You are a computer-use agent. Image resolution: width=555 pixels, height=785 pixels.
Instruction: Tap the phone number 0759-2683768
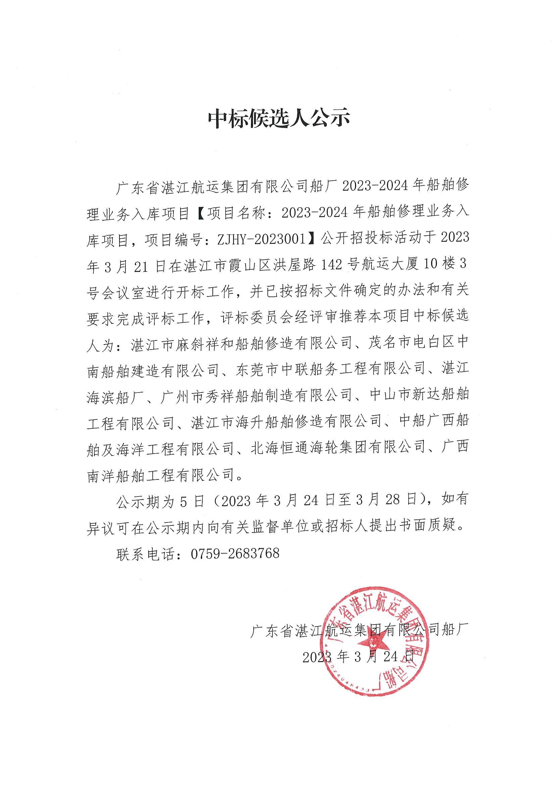point(235,553)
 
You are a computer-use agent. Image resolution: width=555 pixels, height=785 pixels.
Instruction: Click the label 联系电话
point(145,553)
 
